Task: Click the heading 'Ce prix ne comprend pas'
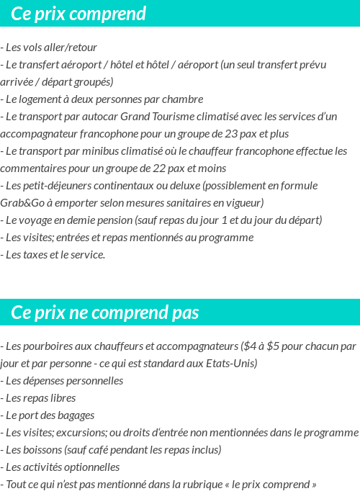pos(105,312)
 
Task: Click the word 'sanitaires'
pos(193,203)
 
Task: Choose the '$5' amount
pos(274,346)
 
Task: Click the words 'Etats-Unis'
pos(231,363)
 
